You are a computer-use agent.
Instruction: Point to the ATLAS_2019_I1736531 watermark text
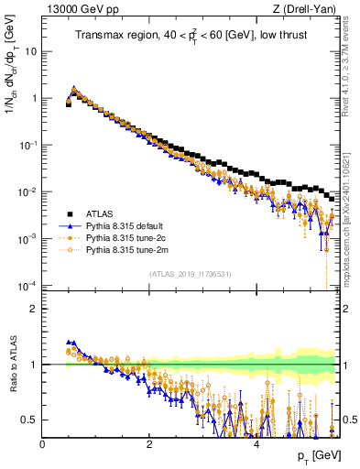point(190,275)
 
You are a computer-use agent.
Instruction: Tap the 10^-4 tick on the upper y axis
point(27,286)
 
